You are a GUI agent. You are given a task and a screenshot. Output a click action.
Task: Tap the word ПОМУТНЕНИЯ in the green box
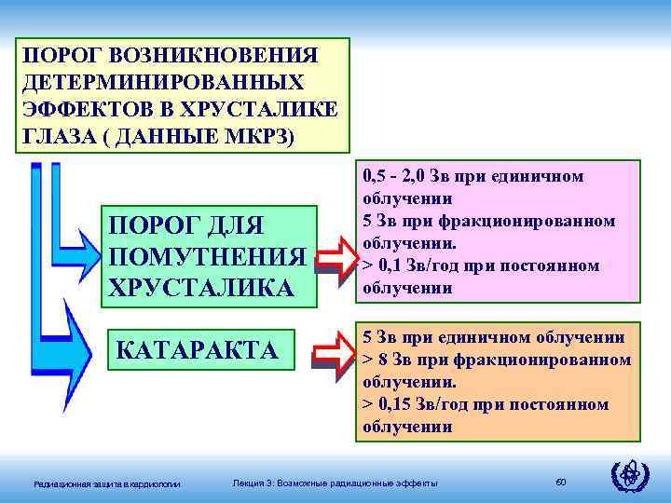click(x=207, y=256)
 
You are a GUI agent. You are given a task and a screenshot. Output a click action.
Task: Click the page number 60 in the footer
click(x=561, y=481)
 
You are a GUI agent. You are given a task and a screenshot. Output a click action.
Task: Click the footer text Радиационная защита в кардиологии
click(x=107, y=482)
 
